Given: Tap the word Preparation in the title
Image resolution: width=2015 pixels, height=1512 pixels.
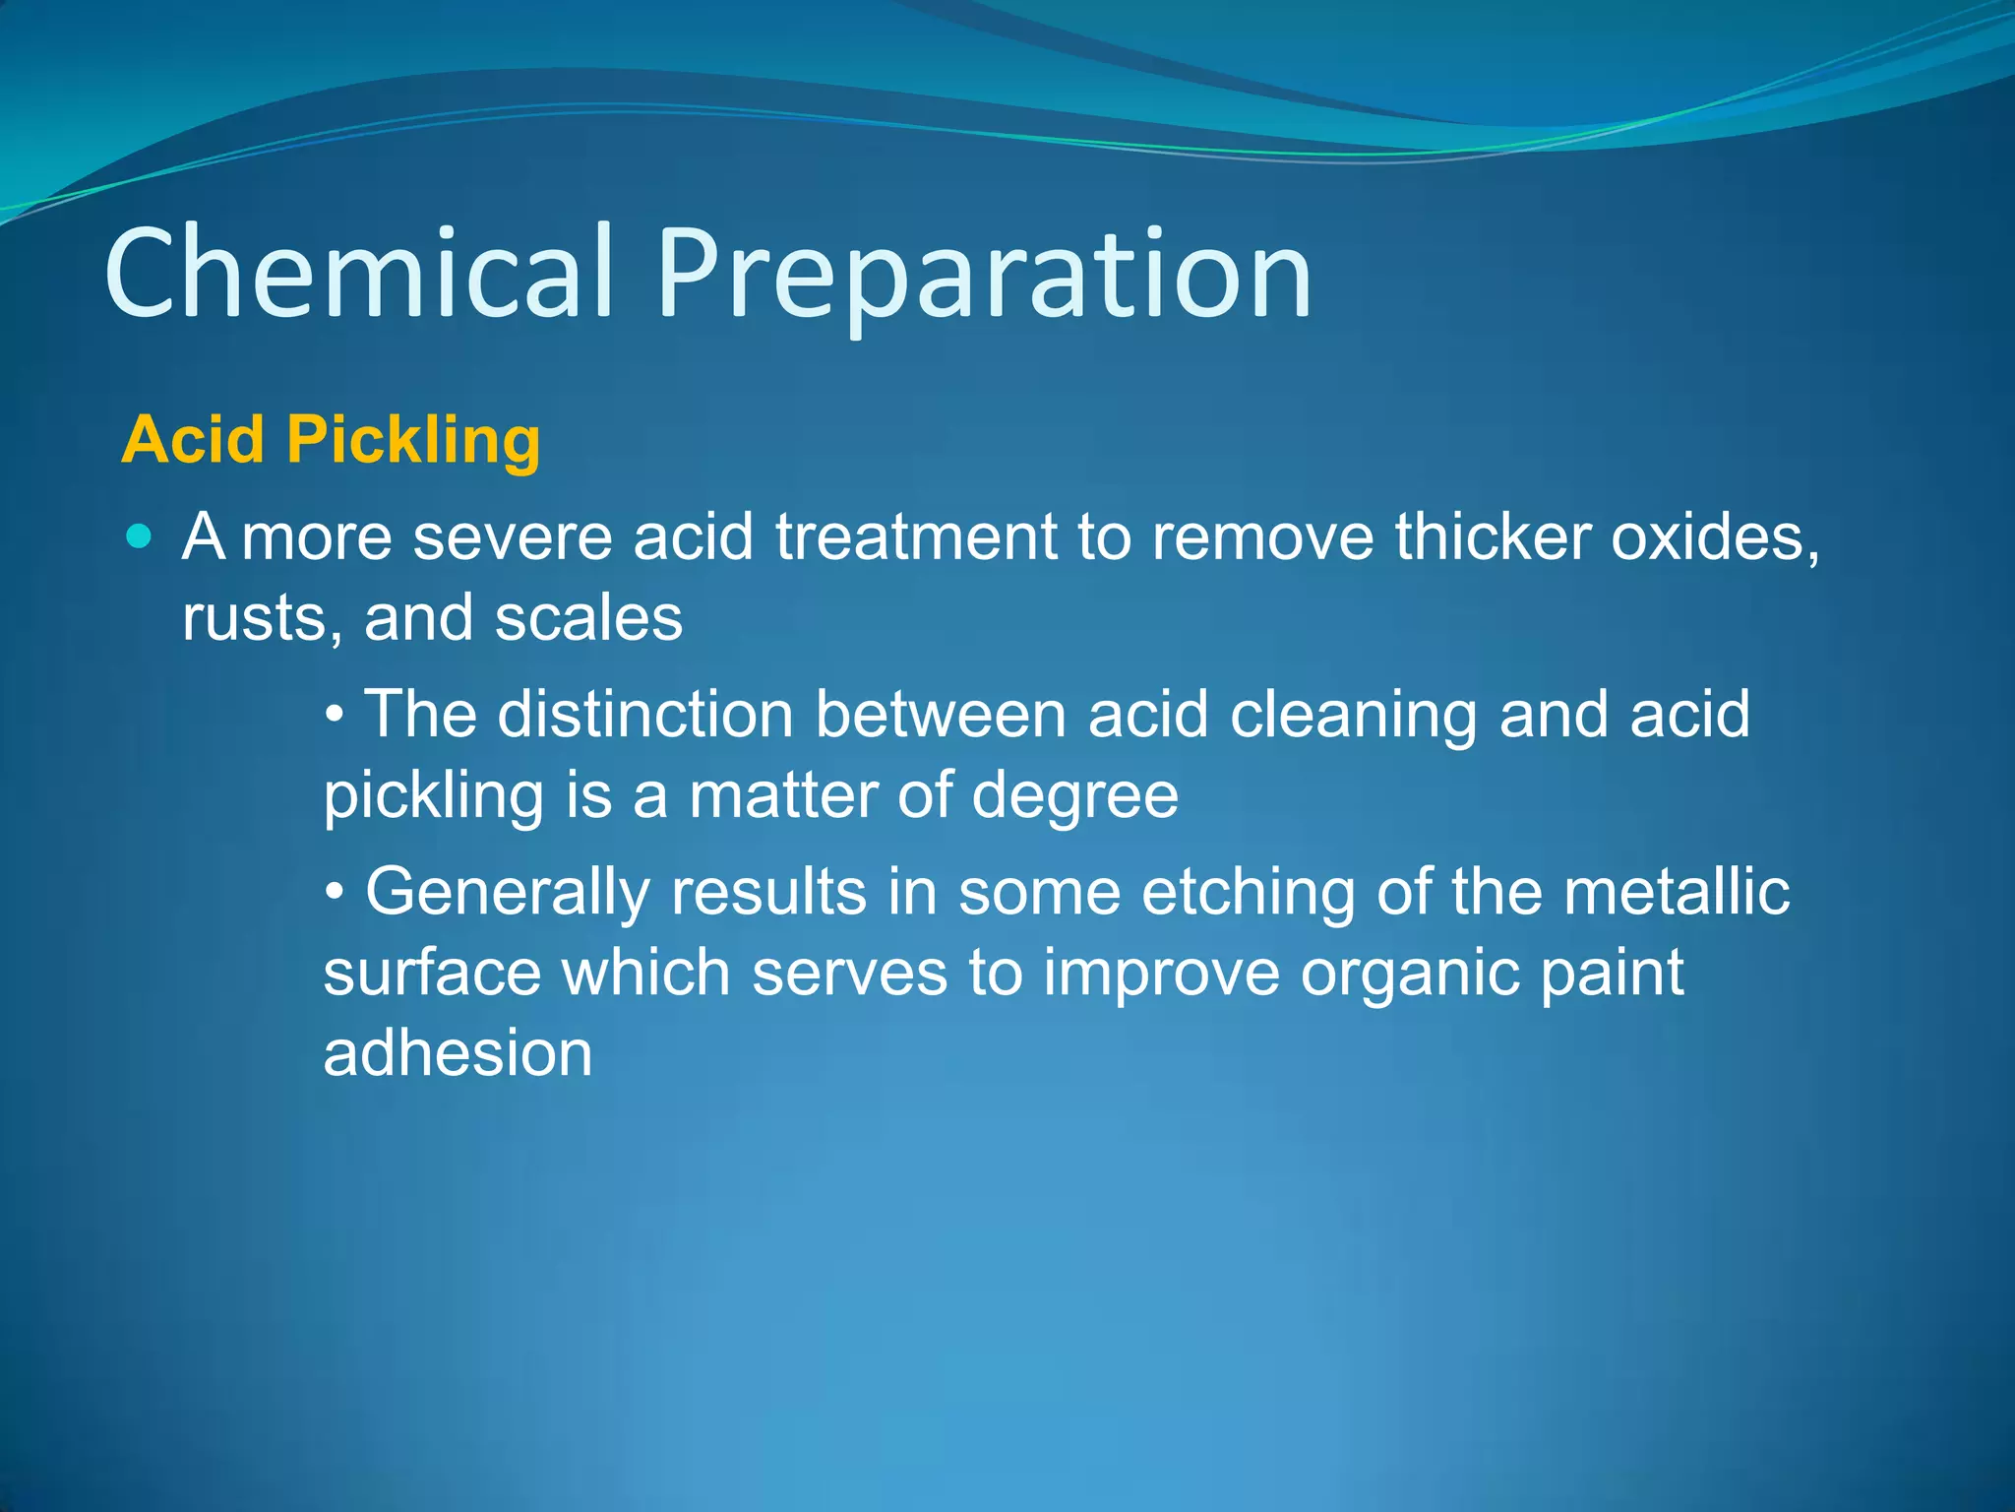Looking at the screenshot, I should click(984, 276).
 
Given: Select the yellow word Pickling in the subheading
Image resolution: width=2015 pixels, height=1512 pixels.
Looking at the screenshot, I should click(413, 440).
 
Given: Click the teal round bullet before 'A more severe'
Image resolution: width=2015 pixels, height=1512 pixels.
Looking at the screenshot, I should click(141, 536).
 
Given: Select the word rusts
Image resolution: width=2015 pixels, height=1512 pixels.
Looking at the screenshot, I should click(262, 619).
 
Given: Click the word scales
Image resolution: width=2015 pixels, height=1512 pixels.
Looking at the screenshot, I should click(588, 618).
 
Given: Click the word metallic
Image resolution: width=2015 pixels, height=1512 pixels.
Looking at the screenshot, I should click(1677, 892).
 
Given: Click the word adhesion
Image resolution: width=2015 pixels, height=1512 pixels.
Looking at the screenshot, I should click(458, 1053).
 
